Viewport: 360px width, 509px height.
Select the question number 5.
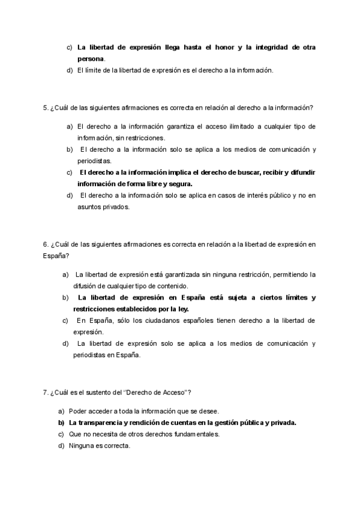[46, 108]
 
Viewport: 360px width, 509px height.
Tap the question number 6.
[46, 244]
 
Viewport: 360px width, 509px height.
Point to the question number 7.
[46, 393]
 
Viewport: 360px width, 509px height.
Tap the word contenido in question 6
[174, 286]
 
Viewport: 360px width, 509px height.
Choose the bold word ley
[182, 309]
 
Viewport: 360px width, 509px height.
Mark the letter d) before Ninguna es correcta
[61, 445]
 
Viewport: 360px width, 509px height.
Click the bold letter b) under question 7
[61, 423]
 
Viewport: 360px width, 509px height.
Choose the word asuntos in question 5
[88, 207]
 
